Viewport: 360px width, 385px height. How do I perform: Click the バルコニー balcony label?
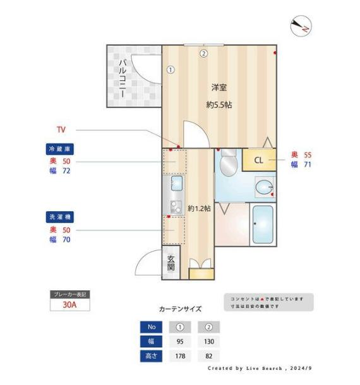pos(122,77)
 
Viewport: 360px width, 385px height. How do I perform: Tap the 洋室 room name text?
pos(219,87)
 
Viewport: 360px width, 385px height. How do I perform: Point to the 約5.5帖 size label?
pos(219,104)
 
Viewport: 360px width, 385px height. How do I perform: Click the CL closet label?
pos(259,160)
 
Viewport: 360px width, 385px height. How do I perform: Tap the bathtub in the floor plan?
pos(262,225)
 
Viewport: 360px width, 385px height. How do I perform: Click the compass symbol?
pos(300,26)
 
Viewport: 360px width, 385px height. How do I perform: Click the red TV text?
pos(61,130)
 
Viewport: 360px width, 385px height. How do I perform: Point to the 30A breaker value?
pos(70,305)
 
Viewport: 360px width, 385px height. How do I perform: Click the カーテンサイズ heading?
pos(180,309)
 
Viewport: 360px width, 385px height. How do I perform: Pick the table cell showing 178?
pos(181,356)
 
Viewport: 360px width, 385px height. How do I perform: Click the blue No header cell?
pos(150,327)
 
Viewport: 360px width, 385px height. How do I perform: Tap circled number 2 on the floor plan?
pos(203,53)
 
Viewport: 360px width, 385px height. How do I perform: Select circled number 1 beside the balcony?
pos(171,70)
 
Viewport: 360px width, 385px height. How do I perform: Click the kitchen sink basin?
pos(176,184)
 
